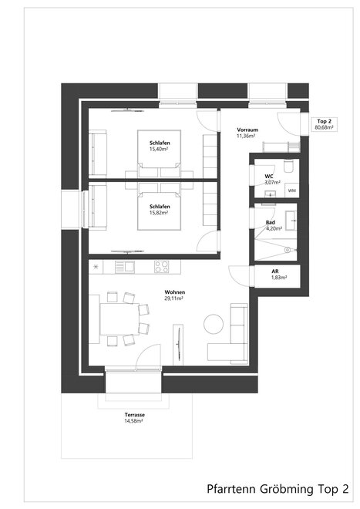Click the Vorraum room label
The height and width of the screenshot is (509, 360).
[247, 130]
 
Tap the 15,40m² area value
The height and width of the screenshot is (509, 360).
[158, 149]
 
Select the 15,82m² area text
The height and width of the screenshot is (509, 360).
[158, 213]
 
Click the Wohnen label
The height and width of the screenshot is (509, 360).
[175, 292]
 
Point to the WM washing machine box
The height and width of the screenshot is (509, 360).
[292, 190]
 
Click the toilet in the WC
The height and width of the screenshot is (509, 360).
[288, 166]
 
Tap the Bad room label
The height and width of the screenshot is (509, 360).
[271, 222]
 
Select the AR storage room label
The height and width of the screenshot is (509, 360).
[275, 271]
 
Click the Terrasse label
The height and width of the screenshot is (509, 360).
[135, 415]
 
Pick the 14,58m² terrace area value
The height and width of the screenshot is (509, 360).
[133, 421]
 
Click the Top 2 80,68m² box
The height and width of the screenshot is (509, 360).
[324, 124]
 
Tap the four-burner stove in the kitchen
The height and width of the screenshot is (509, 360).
[161, 267]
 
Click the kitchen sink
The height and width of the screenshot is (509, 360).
[125, 267]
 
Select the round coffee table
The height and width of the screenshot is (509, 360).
[214, 323]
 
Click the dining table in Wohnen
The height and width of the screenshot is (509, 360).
[119, 319]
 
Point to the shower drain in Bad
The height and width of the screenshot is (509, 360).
[287, 250]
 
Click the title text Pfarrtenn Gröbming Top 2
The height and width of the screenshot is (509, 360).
[278, 488]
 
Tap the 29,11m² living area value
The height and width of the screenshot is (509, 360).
[173, 298]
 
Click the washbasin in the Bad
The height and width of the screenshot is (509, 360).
[291, 221]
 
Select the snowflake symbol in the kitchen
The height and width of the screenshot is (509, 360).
[96, 267]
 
